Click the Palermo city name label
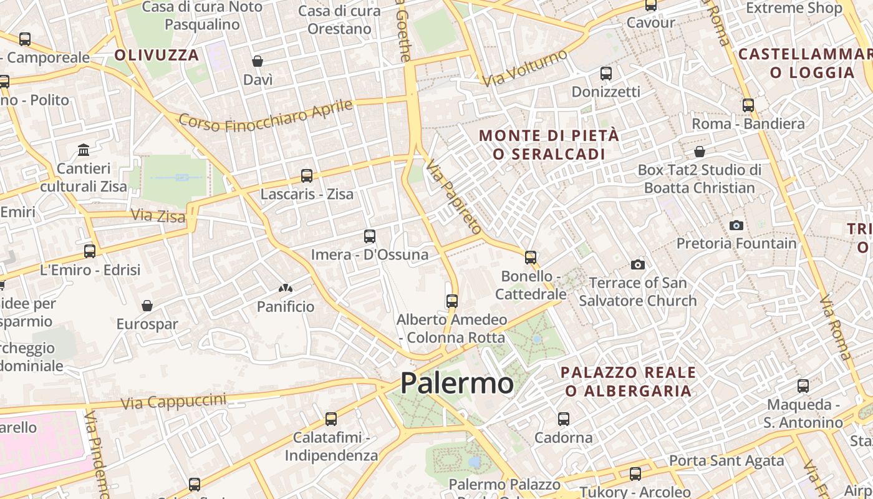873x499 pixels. tap(456, 382)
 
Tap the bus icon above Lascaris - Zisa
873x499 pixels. tap(306, 176)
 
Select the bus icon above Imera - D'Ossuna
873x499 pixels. tap(369, 236)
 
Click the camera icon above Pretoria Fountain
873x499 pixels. tap(736, 225)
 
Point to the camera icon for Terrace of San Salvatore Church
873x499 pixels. tap(637, 264)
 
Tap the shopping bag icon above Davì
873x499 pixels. tap(257, 61)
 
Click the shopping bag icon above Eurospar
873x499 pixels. tap(147, 306)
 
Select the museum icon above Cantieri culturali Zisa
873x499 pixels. tap(84, 150)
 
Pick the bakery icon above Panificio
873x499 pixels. tap(286, 288)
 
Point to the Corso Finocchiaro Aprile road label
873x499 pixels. tap(266, 115)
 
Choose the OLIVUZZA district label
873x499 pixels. tap(157, 55)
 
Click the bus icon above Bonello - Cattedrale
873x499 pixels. tap(530, 257)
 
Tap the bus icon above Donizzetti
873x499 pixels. tap(605, 74)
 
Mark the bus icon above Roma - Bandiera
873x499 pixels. tap(748, 105)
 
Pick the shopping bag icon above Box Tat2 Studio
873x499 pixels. tap(700, 152)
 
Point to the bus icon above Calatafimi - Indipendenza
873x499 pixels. tap(330, 419)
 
